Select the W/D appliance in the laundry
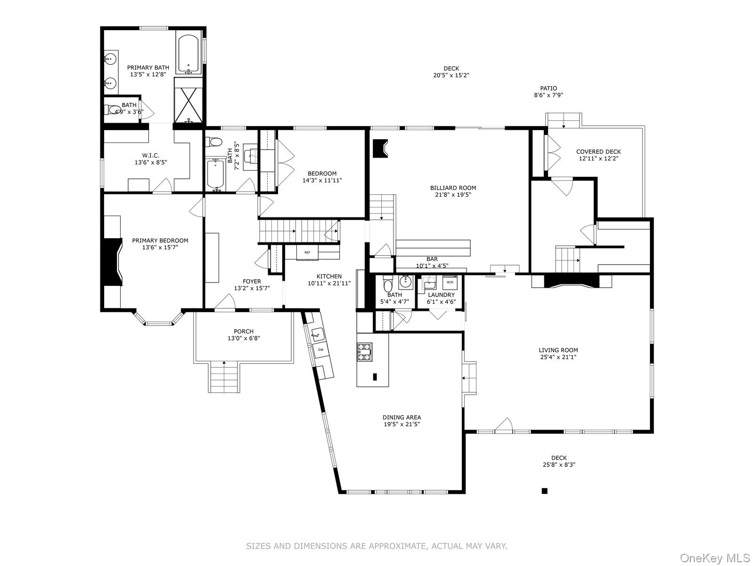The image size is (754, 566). pyautogui.click(x=450, y=282)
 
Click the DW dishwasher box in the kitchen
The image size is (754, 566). pyautogui.click(x=320, y=350)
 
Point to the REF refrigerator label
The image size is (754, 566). pyautogui.click(x=307, y=253)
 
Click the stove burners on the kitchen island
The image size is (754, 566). pyautogui.click(x=364, y=352)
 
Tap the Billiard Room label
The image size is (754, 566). pyautogui.click(x=453, y=188)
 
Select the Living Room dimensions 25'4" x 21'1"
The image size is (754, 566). pyautogui.click(x=558, y=357)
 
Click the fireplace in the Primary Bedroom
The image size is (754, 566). pyautogui.click(x=112, y=262)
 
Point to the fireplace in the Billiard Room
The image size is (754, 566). pyautogui.click(x=380, y=148)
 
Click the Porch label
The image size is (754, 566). pyautogui.click(x=244, y=332)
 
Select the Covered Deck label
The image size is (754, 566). pyautogui.click(x=598, y=152)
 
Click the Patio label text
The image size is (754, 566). pyautogui.click(x=548, y=88)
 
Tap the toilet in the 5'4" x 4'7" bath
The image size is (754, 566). pyautogui.click(x=388, y=285)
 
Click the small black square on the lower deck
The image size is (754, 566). pyautogui.click(x=544, y=491)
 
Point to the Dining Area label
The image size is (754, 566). pyautogui.click(x=402, y=417)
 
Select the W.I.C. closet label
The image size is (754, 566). pyautogui.click(x=150, y=156)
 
